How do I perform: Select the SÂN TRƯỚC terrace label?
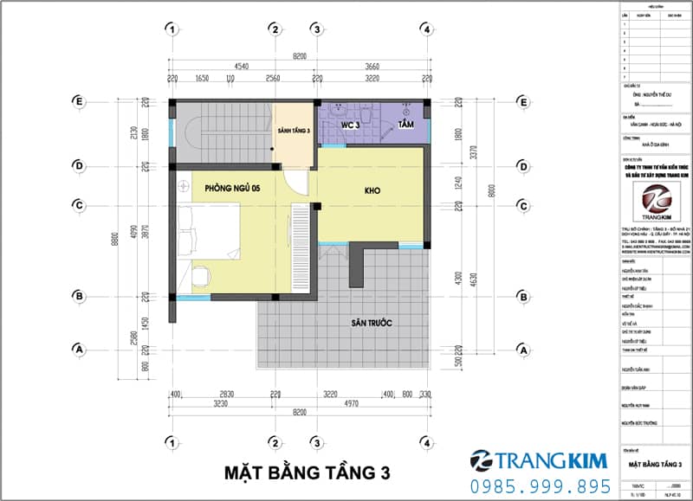372,323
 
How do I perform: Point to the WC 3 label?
349,125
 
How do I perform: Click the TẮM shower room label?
406,125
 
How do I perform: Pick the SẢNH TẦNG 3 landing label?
293,131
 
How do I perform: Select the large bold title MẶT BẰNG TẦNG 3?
308,472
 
